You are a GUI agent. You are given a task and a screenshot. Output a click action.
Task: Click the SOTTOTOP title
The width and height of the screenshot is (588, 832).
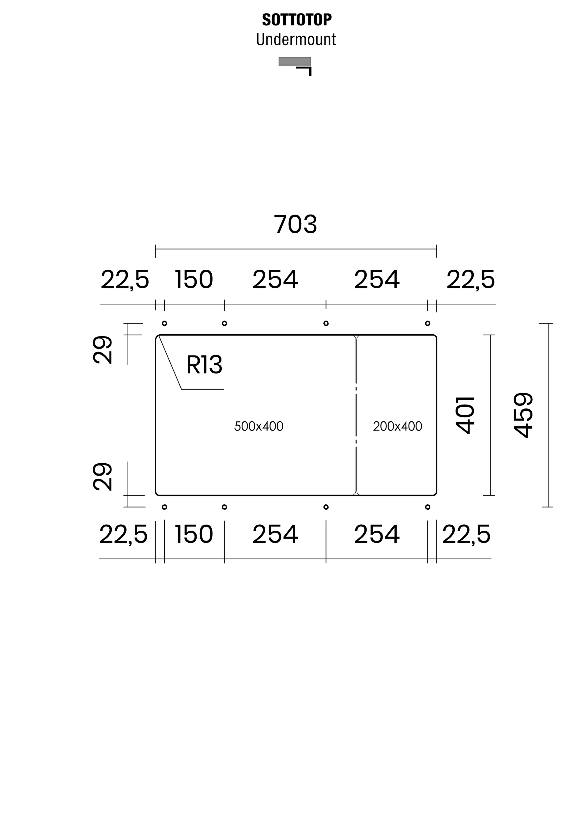pyautogui.click(x=296, y=20)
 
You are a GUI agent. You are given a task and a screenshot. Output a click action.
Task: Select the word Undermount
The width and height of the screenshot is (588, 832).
pyautogui.click(x=296, y=40)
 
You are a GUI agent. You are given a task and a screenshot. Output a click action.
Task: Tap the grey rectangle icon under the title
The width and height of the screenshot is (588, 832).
pyautogui.click(x=294, y=61)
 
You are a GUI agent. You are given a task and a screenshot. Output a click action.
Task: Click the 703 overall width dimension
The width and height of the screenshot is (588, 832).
pyautogui.click(x=296, y=224)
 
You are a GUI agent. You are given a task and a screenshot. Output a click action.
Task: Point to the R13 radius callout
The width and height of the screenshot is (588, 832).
pyautogui.click(x=204, y=365)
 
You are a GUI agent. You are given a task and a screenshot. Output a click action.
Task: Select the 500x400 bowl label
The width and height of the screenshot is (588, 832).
pyautogui.click(x=258, y=427)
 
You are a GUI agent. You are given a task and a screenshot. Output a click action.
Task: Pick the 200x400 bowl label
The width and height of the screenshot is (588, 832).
pyautogui.click(x=397, y=427)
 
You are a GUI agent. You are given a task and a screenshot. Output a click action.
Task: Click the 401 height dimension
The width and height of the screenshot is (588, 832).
pyautogui.click(x=465, y=415)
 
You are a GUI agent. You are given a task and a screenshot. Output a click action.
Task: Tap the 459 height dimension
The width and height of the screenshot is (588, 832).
pyautogui.click(x=524, y=415)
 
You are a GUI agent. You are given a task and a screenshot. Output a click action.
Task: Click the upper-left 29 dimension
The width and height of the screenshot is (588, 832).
pyautogui.click(x=103, y=350)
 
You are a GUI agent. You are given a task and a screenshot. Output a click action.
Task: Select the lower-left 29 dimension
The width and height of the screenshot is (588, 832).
pyautogui.click(x=103, y=477)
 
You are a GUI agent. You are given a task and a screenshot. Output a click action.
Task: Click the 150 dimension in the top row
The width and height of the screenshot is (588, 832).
pyautogui.click(x=194, y=280)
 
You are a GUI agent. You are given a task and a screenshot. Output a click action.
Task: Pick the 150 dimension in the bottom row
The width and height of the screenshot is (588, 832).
pyautogui.click(x=194, y=535)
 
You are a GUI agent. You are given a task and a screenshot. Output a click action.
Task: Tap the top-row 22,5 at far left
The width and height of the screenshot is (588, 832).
pyautogui.click(x=125, y=280)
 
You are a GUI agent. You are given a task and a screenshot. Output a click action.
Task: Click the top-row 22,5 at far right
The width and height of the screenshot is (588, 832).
pyautogui.click(x=470, y=280)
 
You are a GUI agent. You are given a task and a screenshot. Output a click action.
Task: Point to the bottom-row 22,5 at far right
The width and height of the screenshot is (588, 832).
pyautogui.click(x=466, y=535)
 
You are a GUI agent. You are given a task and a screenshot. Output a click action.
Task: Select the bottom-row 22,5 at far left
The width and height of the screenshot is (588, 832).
pyautogui.click(x=123, y=535)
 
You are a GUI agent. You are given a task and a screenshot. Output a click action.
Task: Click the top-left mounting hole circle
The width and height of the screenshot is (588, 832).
pyautogui.click(x=164, y=323)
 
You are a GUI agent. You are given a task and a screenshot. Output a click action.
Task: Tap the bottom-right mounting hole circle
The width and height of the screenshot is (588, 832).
pyautogui.click(x=428, y=507)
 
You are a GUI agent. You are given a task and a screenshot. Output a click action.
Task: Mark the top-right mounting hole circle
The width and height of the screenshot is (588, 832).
pyautogui.click(x=428, y=323)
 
